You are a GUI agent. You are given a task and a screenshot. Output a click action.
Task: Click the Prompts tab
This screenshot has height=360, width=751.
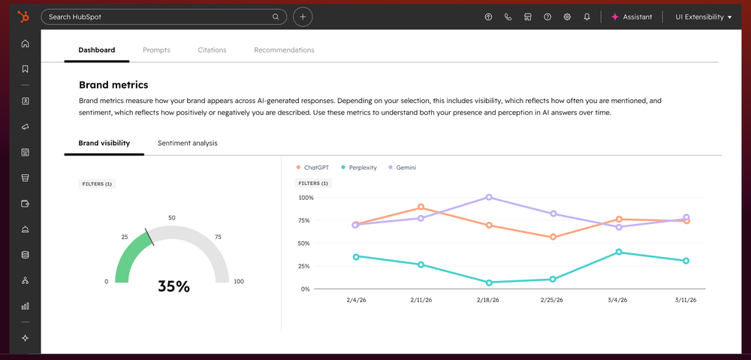click(x=156, y=50)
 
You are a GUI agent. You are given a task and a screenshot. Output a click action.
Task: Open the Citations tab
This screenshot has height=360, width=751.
click(x=212, y=50)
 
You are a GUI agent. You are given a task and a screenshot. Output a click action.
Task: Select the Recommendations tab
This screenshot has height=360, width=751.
click(x=284, y=50)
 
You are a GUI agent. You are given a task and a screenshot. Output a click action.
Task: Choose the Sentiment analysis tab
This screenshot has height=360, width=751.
click(x=187, y=143)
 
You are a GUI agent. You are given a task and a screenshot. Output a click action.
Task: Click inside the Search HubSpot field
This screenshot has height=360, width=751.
click(x=158, y=17)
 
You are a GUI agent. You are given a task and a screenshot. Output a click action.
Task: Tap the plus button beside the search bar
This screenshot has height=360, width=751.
click(x=303, y=17)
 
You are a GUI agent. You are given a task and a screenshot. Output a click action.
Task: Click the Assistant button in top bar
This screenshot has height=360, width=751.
click(x=632, y=17)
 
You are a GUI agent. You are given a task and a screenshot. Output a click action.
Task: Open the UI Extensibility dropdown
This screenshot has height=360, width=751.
click(x=703, y=17)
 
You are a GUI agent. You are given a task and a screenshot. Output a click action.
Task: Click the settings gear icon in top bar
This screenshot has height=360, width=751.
click(x=567, y=17)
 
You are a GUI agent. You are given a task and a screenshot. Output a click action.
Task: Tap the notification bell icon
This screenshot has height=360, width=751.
click(x=587, y=17)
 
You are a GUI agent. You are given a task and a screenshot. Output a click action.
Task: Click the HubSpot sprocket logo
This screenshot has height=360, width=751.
click(x=24, y=17)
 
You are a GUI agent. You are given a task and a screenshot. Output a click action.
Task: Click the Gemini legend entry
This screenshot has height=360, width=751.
click(x=402, y=168)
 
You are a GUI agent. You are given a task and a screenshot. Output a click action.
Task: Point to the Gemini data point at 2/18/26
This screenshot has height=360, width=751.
click(x=489, y=198)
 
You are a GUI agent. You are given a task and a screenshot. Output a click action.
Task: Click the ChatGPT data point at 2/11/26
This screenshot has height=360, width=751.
click(x=421, y=207)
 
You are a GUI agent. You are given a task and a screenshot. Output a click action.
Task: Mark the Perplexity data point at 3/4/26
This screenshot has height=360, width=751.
click(x=619, y=253)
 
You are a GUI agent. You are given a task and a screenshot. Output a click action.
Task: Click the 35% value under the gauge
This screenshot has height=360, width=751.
click(x=173, y=286)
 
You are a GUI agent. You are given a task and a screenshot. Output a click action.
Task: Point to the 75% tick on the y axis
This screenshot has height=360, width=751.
click(x=305, y=220)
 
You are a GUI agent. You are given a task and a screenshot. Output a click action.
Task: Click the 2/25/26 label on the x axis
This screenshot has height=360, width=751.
click(x=553, y=300)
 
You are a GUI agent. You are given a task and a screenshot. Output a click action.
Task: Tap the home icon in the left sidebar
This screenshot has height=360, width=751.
click(x=25, y=44)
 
